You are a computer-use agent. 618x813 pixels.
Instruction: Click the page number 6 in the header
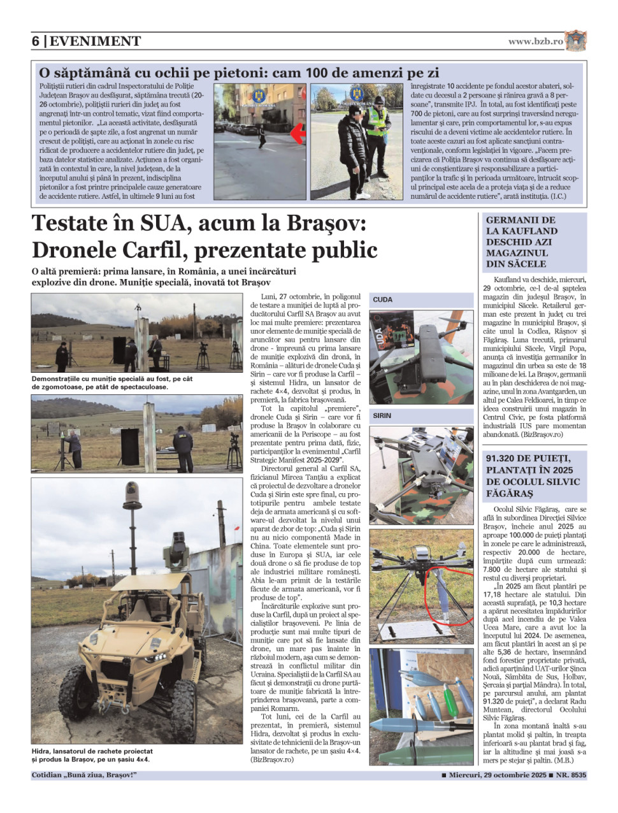coord(36,41)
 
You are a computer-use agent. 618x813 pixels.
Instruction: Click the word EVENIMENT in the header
coord(95,41)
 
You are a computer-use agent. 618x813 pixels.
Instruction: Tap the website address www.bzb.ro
coord(535,41)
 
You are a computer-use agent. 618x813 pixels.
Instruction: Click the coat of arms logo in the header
coord(575,41)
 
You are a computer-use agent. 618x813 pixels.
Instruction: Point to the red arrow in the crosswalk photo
coord(297,133)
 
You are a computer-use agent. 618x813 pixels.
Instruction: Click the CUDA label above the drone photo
coord(383,299)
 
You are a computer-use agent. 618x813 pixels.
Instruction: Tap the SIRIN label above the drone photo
coord(382,415)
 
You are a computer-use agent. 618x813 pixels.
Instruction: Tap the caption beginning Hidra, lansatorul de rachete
coord(92,755)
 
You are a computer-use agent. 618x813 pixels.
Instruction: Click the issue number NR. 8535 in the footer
coord(571,775)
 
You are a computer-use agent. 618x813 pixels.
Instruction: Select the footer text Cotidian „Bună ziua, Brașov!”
coord(84,775)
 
